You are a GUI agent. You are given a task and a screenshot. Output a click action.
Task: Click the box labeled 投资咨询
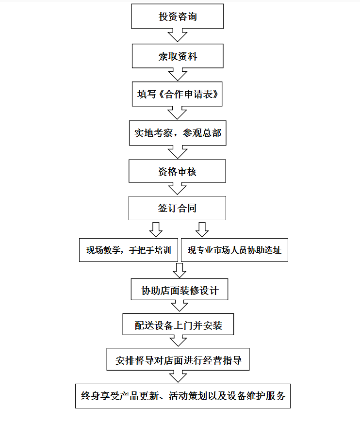click(178, 16)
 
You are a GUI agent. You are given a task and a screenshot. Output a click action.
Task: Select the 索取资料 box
click(178, 56)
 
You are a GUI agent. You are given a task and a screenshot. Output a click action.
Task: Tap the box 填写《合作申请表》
click(177, 94)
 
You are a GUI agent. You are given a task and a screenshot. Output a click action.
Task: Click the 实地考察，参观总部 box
click(178, 133)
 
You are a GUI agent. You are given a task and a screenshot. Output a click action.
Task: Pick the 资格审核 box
click(177, 171)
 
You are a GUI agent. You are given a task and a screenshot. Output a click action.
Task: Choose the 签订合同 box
click(177, 208)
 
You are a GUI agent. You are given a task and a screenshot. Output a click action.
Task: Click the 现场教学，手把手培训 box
click(129, 250)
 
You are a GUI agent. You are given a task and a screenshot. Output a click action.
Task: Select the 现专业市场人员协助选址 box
click(234, 250)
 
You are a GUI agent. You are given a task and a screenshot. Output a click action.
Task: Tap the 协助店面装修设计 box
click(180, 289)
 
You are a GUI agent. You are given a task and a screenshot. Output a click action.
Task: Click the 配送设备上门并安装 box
click(178, 325)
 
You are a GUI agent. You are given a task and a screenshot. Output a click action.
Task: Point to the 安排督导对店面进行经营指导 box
click(178, 359)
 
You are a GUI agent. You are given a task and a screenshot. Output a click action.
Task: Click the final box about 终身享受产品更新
click(183, 396)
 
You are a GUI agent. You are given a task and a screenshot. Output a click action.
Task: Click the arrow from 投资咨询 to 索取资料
click(178, 35)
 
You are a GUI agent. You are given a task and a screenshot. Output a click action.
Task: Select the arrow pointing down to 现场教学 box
click(156, 229)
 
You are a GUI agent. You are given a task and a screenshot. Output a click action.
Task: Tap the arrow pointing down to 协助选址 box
click(202, 229)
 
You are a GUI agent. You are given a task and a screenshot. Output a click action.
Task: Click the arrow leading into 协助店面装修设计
click(180, 270)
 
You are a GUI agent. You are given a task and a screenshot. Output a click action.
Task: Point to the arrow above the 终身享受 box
click(178, 377)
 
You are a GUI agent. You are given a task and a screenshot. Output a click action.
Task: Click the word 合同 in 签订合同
click(187, 208)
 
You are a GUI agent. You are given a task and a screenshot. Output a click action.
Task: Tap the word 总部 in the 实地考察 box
click(212, 133)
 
